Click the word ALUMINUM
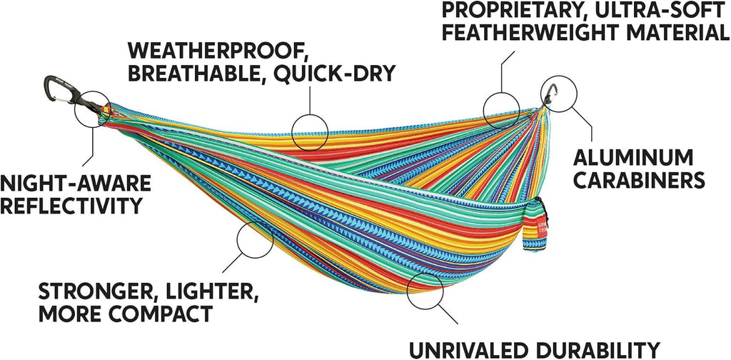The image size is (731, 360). click(x=632, y=158)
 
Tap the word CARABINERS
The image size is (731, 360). click(x=639, y=180)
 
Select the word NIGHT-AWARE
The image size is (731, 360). click(x=76, y=183)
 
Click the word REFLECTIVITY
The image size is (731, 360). click(x=71, y=205)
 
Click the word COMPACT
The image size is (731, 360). click(x=164, y=314)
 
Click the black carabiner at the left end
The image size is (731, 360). click(x=60, y=91)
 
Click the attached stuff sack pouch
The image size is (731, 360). click(x=535, y=226)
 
